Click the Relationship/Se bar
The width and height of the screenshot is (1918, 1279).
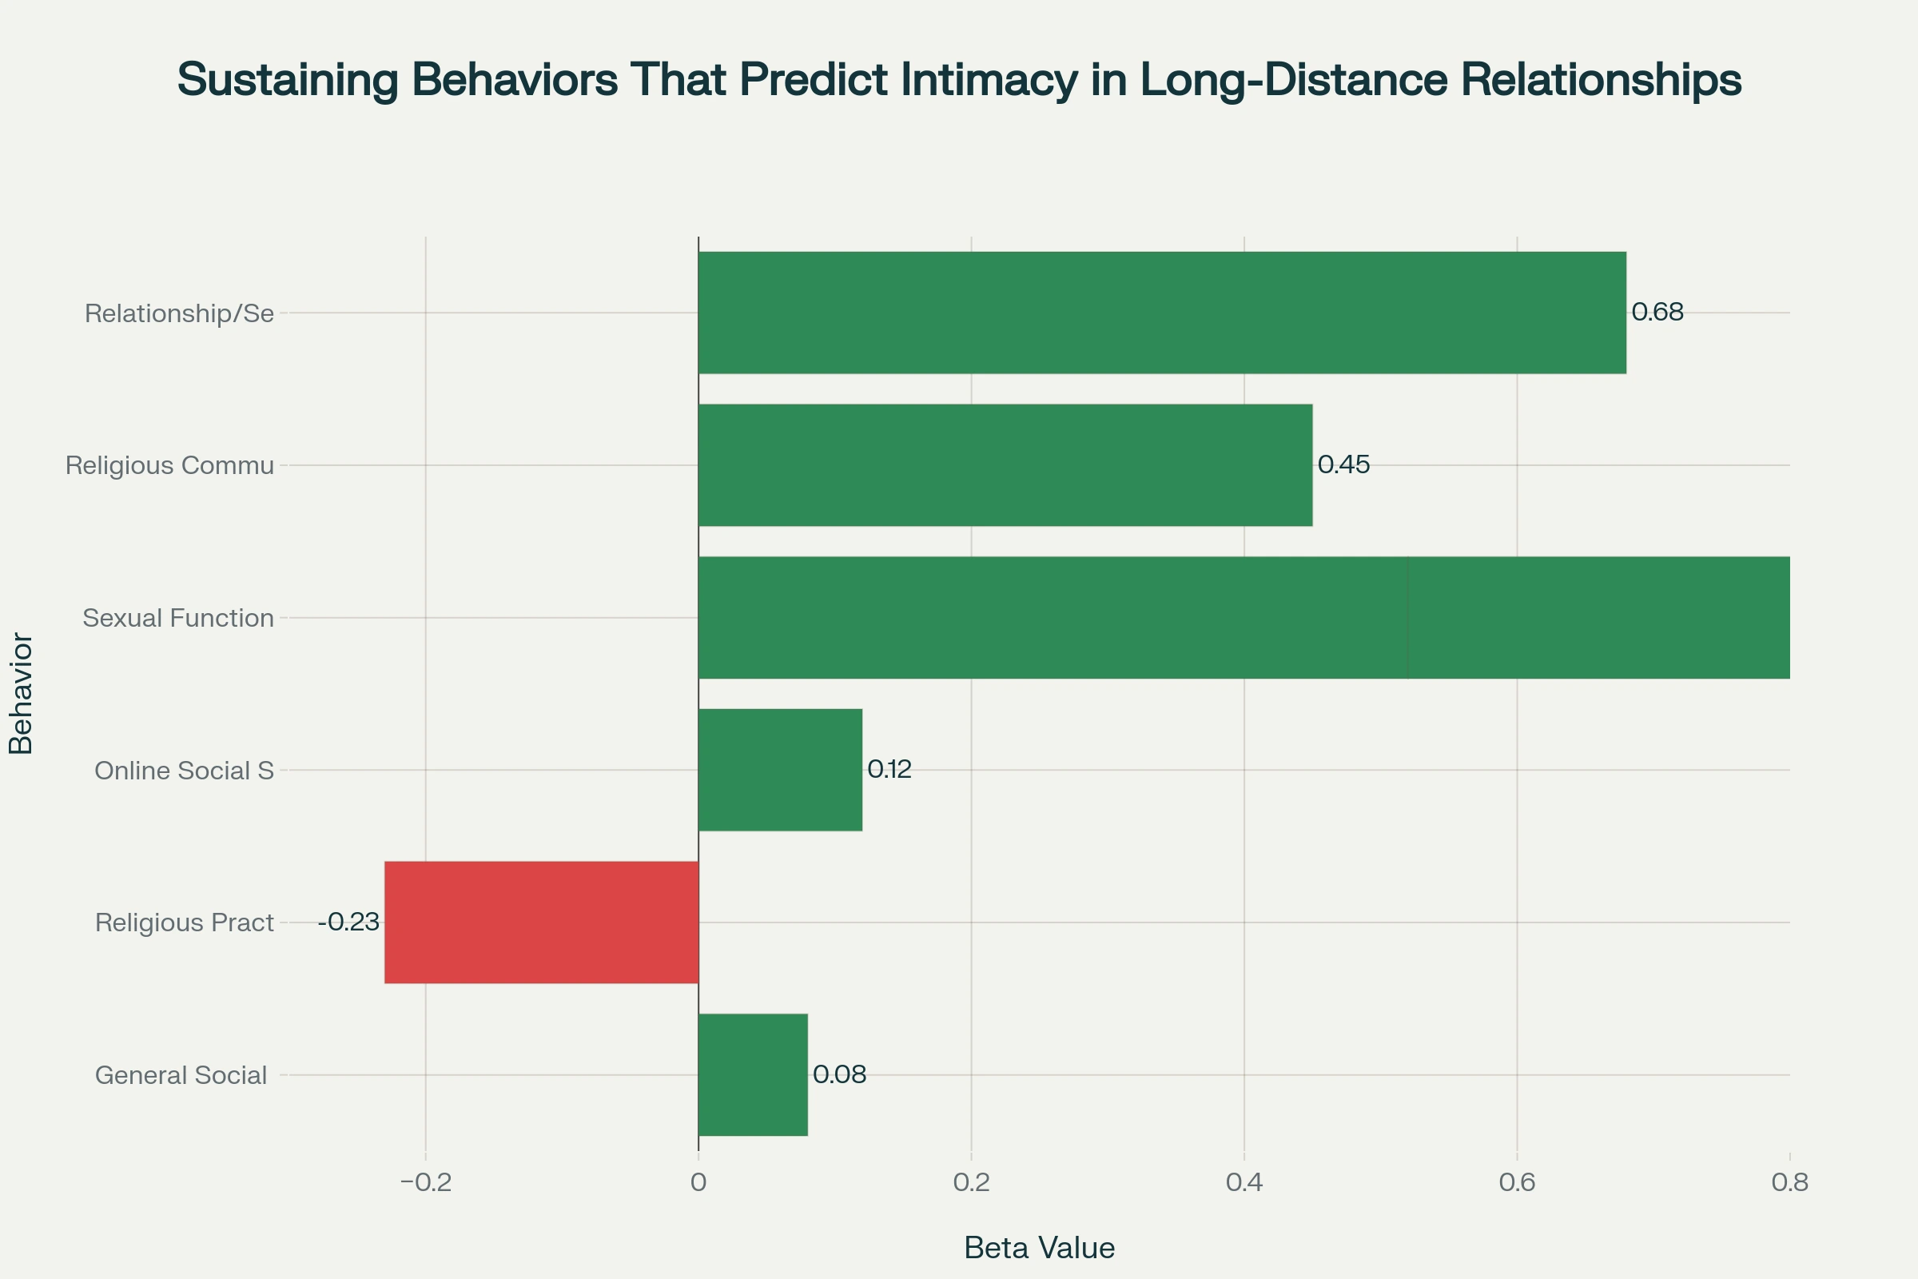click(x=1161, y=313)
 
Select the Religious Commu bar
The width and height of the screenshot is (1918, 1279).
click(x=1005, y=465)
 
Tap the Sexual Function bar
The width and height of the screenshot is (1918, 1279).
click(x=1243, y=617)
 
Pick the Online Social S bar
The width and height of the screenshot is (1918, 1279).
click(x=780, y=770)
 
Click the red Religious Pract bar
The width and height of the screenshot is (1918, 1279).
click(x=542, y=922)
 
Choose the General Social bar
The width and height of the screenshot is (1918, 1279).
click(x=753, y=1075)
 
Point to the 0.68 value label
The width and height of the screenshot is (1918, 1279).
click(x=1657, y=312)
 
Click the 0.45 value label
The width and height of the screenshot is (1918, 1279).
click(x=1343, y=465)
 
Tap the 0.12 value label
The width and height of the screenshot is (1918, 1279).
click(x=889, y=769)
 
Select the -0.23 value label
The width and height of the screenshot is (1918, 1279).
click(x=349, y=922)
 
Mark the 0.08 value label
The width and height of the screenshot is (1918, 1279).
click(x=839, y=1074)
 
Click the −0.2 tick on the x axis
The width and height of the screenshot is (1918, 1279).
click(x=426, y=1183)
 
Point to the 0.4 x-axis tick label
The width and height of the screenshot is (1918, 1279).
click(x=1244, y=1183)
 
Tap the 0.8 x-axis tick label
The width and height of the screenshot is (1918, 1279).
click(x=1789, y=1183)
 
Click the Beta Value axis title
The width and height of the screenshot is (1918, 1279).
click(x=1039, y=1248)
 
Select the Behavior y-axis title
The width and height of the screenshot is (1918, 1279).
click(x=22, y=693)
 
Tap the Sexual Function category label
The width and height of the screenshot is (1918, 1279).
click(x=177, y=618)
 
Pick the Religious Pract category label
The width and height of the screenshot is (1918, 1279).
click(x=185, y=922)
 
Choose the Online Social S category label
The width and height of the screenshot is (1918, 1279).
click(x=185, y=771)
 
